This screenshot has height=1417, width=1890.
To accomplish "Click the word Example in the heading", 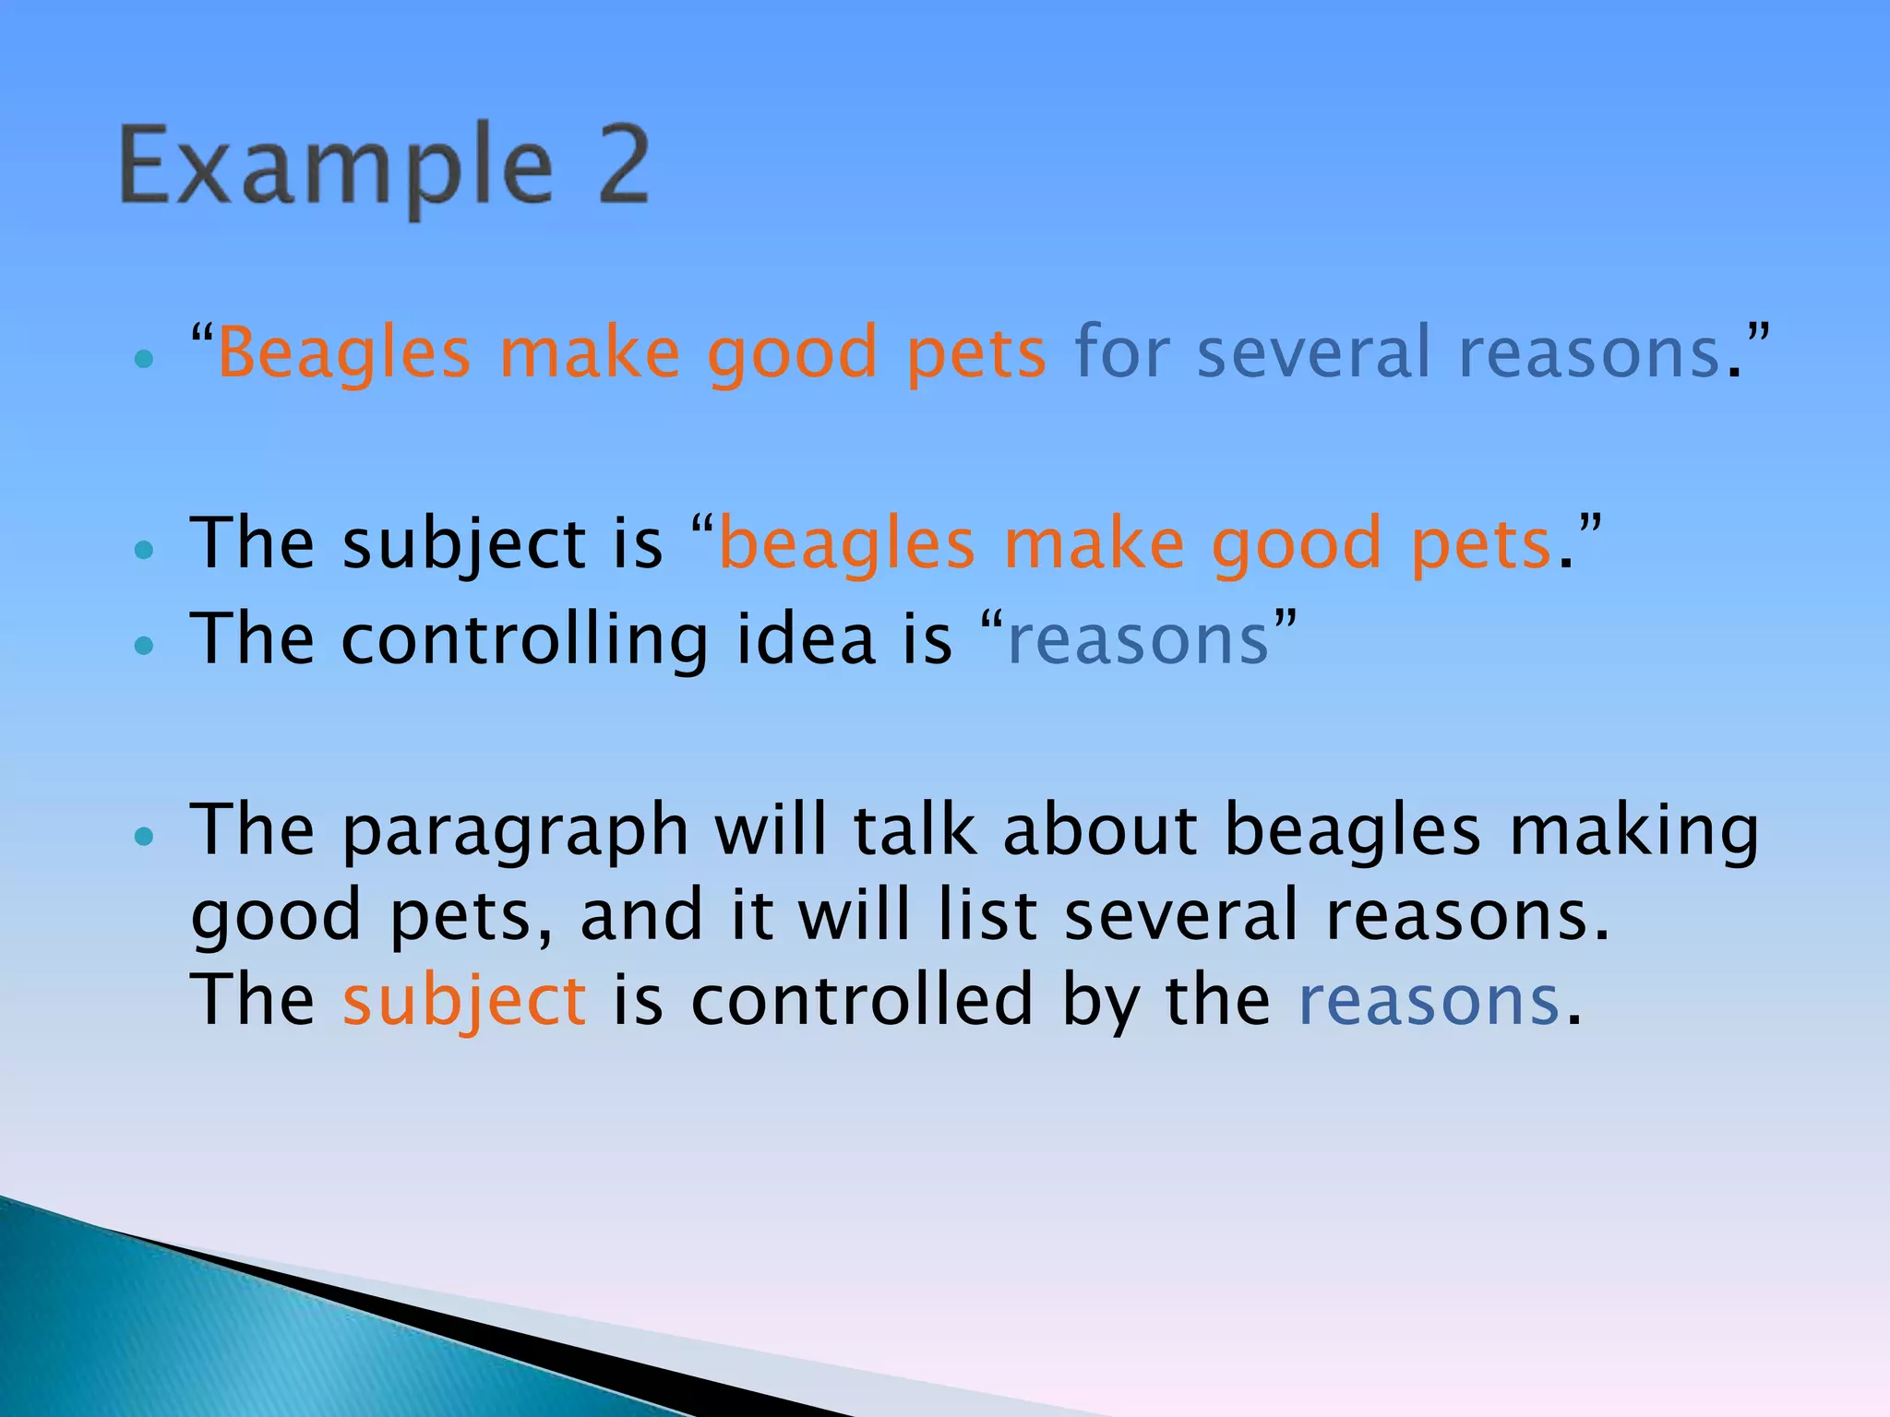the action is pos(336,168).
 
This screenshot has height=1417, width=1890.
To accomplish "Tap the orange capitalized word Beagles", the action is pos(343,354).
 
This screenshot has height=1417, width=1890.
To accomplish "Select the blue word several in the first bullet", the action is pos(1313,352).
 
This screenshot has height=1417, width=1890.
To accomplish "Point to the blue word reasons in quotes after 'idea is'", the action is pos(1139,640).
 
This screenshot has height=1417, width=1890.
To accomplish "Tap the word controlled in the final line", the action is pos(861,1000).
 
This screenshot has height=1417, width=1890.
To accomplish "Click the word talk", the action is pos(914,830).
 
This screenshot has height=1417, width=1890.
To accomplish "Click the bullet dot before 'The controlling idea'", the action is pos(143,646).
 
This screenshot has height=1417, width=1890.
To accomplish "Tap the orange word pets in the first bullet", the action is pos(976,354).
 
